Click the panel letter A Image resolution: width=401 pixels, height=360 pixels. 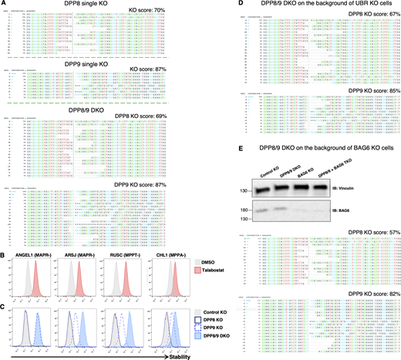3,5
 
